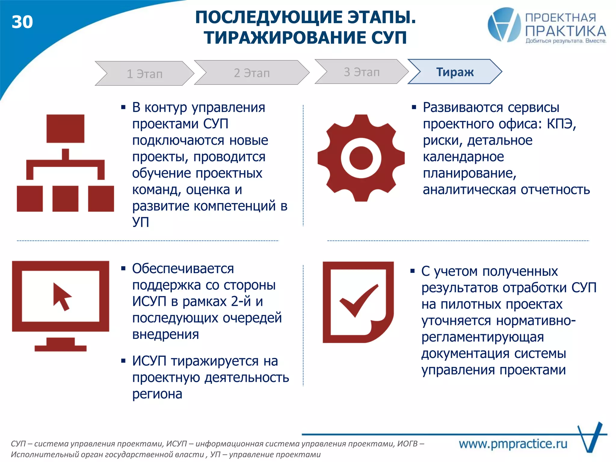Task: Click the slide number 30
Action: click(x=22, y=22)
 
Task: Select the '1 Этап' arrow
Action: click(x=144, y=74)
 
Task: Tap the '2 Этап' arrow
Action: click(x=252, y=73)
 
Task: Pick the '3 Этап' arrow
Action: click(x=362, y=72)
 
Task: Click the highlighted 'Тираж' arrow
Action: click(x=455, y=72)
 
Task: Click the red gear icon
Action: click(x=361, y=158)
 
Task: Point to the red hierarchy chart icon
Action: click(x=65, y=163)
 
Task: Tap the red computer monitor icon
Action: click(x=60, y=305)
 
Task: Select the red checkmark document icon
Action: click(x=358, y=302)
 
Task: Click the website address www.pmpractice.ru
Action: click(x=513, y=444)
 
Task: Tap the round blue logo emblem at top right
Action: click(x=504, y=25)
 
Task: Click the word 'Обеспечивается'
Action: click(x=183, y=269)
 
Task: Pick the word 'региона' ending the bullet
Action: click(x=157, y=394)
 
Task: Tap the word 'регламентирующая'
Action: click(x=482, y=337)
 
